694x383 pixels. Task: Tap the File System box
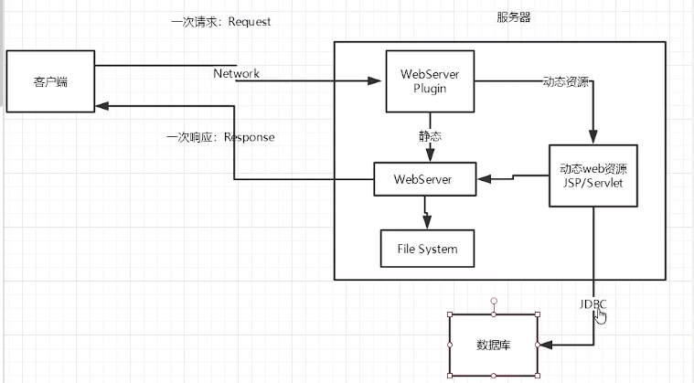tap(427, 248)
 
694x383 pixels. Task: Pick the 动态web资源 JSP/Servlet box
tap(593, 176)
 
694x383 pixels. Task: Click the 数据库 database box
tap(494, 345)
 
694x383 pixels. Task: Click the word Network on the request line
tap(237, 73)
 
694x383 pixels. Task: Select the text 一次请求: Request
tap(221, 21)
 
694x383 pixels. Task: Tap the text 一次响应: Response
tap(220, 137)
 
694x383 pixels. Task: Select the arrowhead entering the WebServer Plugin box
tap(375, 81)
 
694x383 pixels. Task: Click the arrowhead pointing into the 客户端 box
tap(101, 107)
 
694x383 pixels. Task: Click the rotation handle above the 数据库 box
tap(494, 300)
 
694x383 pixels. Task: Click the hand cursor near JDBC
tap(600, 315)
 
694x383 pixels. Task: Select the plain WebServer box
tap(426, 178)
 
